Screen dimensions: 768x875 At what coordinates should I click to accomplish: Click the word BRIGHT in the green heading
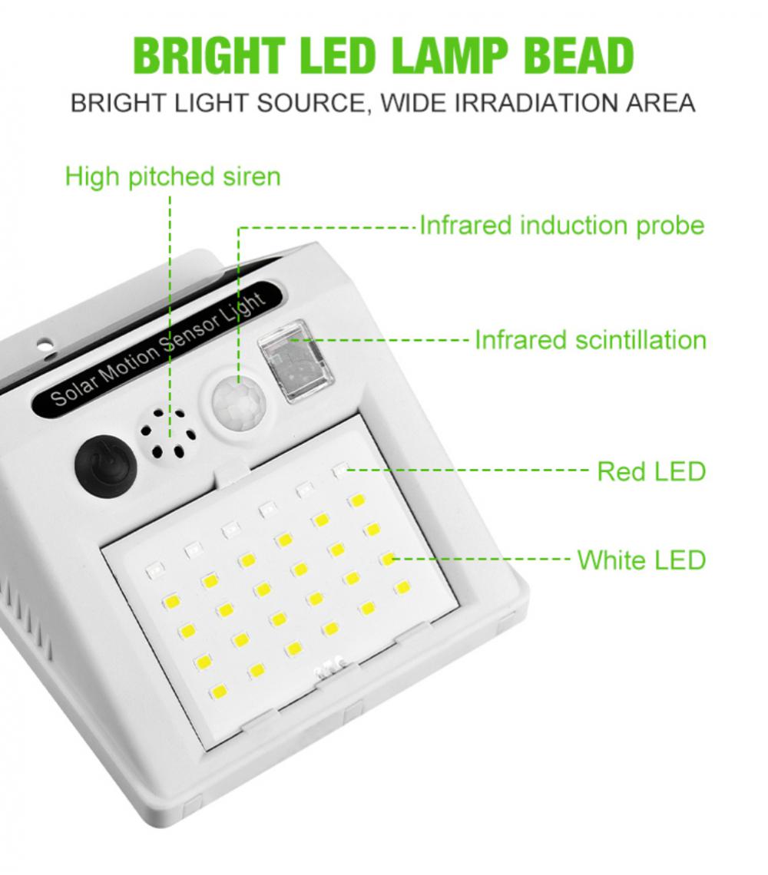pos(210,55)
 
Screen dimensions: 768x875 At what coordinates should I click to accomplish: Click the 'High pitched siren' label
pos(173,177)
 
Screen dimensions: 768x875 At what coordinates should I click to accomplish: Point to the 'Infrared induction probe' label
pos(562,226)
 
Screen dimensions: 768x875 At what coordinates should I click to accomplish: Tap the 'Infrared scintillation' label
pos(591,340)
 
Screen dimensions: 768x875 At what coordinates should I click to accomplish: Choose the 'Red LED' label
pos(652,471)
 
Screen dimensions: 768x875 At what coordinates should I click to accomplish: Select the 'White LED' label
pos(642,560)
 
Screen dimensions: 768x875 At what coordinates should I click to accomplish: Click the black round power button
pos(105,464)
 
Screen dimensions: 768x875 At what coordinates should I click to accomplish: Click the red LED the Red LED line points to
pos(340,471)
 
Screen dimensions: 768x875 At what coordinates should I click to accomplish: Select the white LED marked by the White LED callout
pos(388,559)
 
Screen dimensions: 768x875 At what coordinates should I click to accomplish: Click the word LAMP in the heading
pos(450,55)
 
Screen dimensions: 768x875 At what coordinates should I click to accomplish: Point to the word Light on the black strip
pos(247,305)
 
